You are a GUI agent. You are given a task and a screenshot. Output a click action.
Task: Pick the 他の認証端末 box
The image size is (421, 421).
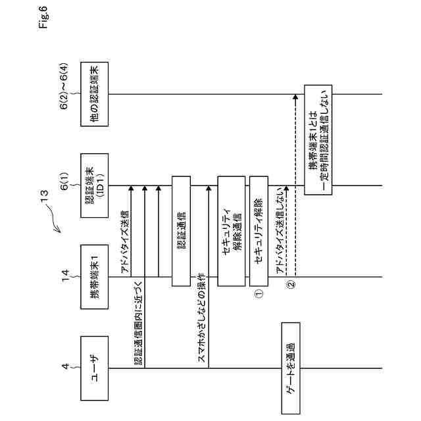(93, 93)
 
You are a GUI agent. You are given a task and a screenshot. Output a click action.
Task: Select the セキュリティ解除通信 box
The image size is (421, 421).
(230, 230)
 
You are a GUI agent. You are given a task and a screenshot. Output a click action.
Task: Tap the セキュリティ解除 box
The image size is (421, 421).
(258, 230)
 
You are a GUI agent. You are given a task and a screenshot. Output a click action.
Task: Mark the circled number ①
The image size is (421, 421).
(259, 294)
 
